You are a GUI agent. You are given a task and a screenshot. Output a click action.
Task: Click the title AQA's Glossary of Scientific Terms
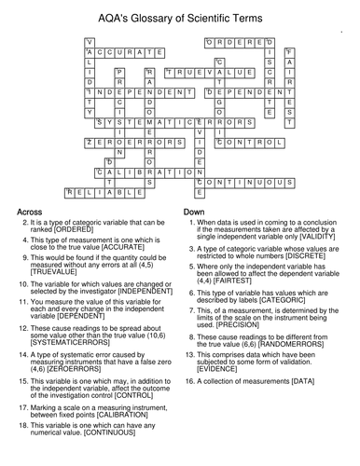[x=180, y=12]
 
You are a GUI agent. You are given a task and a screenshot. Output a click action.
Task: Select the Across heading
[x=35, y=213]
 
